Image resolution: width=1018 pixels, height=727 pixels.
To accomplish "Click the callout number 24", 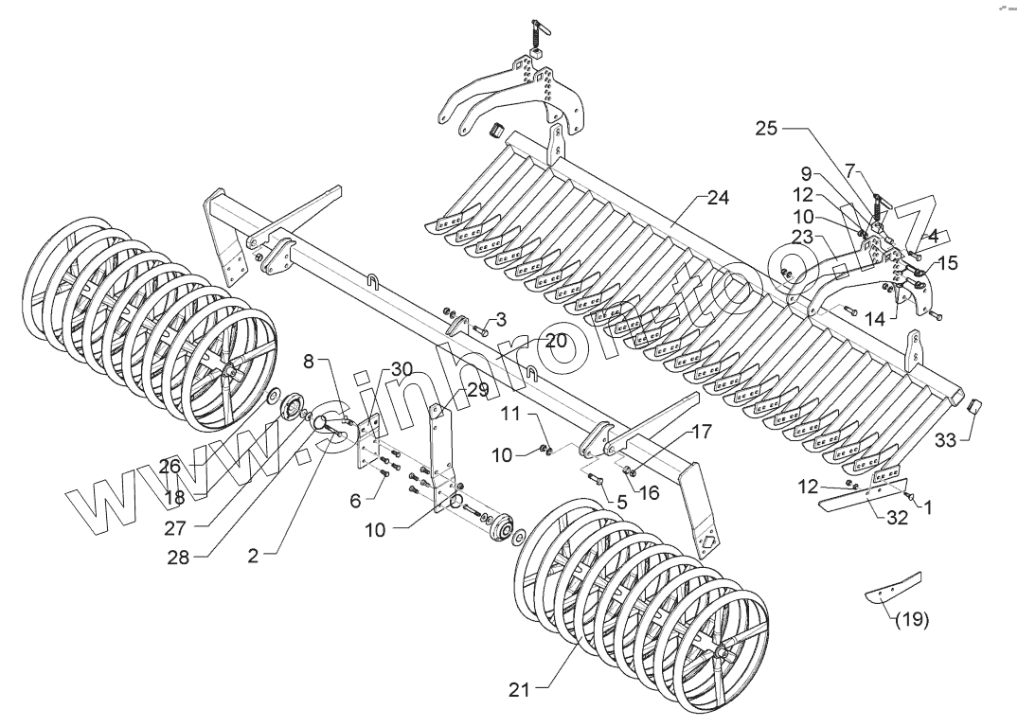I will point(718,198).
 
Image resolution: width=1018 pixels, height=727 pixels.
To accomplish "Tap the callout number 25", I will point(767,129).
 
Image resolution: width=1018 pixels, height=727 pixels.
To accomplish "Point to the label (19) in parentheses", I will point(912,620).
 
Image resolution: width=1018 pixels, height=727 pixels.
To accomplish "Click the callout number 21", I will point(519,690).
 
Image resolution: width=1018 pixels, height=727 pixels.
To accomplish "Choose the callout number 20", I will point(555,340).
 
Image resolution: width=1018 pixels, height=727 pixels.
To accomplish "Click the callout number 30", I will point(401,368).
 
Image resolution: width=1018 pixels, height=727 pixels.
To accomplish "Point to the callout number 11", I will point(510,413).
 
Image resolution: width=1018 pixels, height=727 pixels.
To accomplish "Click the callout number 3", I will point(501,320).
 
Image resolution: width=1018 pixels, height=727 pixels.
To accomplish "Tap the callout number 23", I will point(803,239).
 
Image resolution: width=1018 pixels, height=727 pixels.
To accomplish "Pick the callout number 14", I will point(877,320).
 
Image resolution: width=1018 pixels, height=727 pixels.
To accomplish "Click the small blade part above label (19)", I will point(893,587).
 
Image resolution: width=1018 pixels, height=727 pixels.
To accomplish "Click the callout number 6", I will point(355,501).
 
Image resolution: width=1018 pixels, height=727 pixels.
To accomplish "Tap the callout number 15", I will point(948,263).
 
